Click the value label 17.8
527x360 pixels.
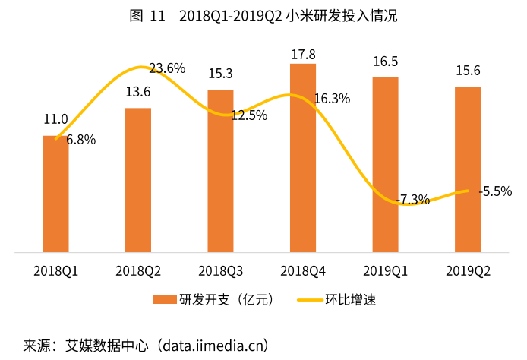pyautogui.click(x=303, y=54)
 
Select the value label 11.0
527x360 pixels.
pyautogui.click(x=55, y=119)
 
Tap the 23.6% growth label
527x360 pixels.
pyautogui.click(x=167, y=68)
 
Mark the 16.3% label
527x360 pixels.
pyautogui.click(x=332, y=99)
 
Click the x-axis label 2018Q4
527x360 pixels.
pyautogui.click(x=303, y=270)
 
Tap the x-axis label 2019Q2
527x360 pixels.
pyautogui.click(x=467, y=270)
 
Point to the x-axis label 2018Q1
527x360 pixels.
pyautogui.click(x=55, y=270)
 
